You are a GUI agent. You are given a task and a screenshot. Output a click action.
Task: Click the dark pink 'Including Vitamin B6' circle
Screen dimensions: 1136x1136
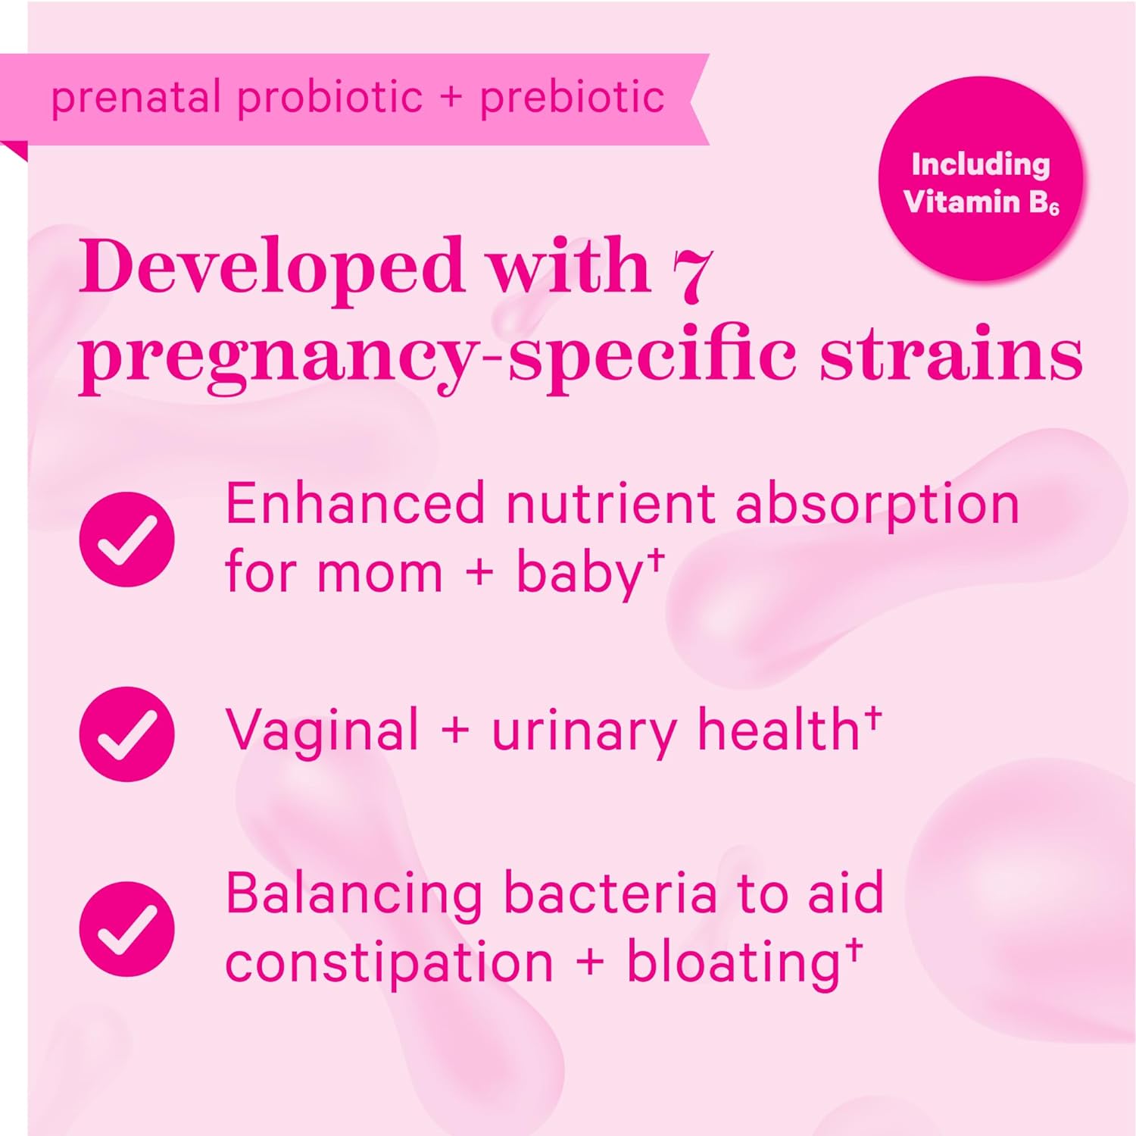(981, 179)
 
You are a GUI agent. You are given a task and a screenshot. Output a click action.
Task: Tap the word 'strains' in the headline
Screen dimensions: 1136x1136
(951, 355)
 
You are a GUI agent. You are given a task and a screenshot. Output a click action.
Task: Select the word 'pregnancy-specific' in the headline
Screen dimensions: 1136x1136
(438, 359)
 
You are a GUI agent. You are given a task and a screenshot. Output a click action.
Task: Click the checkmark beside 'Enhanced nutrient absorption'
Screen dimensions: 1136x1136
(127, 539)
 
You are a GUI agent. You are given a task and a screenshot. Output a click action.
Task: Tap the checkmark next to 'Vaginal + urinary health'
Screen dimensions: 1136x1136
(127, 734)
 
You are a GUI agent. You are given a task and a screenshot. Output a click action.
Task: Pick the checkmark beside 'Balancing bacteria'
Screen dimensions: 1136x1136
(127, 928)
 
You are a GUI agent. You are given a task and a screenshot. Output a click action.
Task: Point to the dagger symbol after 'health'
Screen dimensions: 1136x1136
(873, 717)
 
